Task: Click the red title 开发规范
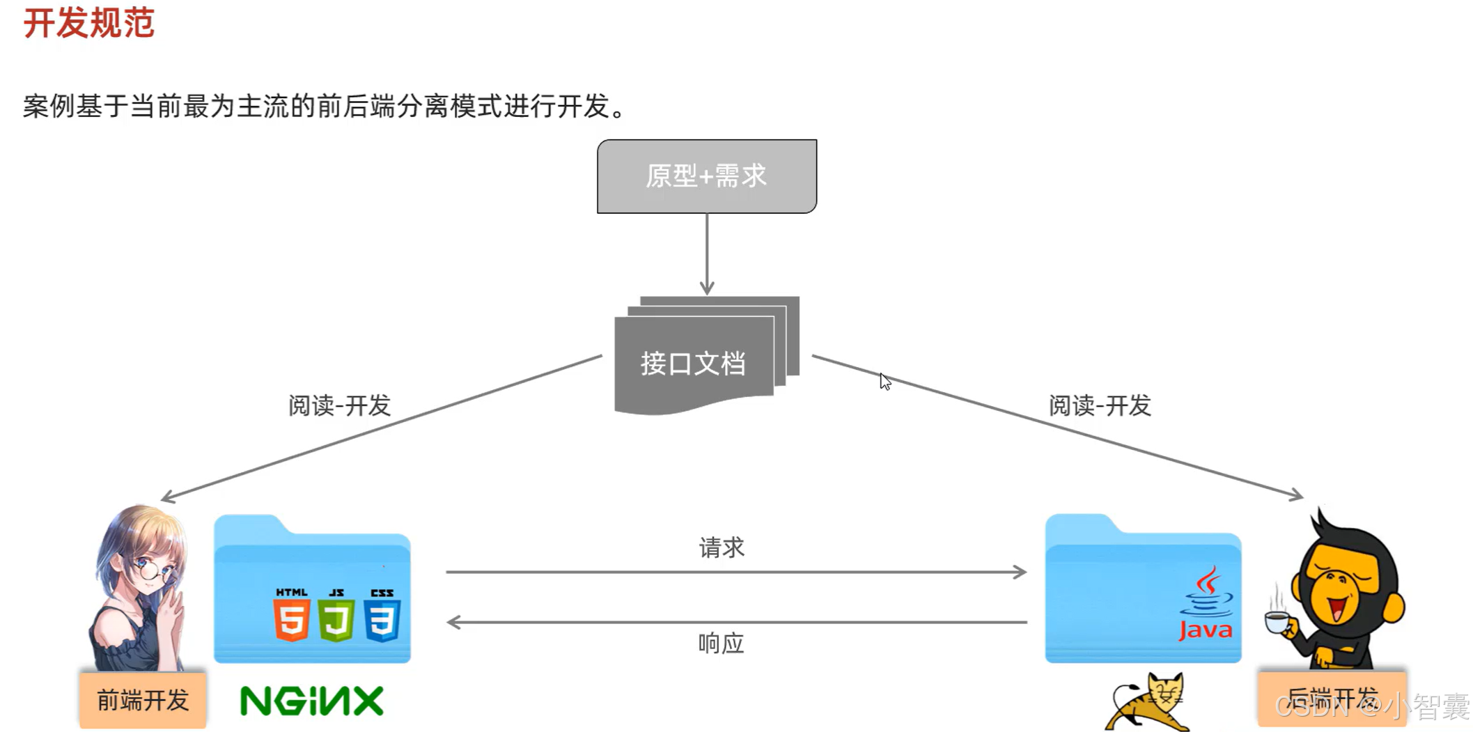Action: (x=88, y=23)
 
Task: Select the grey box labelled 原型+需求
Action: (x=706, y=176)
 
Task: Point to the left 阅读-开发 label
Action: (x=339, y=405)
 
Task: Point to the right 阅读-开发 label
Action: (x=1100, y=405)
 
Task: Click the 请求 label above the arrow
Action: (x=722, y=547)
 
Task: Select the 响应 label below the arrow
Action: (x=721, y=644)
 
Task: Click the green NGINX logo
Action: (x=311, y=701)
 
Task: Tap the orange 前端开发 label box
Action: (x=143, y=700)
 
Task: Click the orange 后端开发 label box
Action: (x=1331, y=698)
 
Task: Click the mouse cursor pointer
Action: (x=884, y=381)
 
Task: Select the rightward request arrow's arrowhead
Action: (x=1020, y=572)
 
